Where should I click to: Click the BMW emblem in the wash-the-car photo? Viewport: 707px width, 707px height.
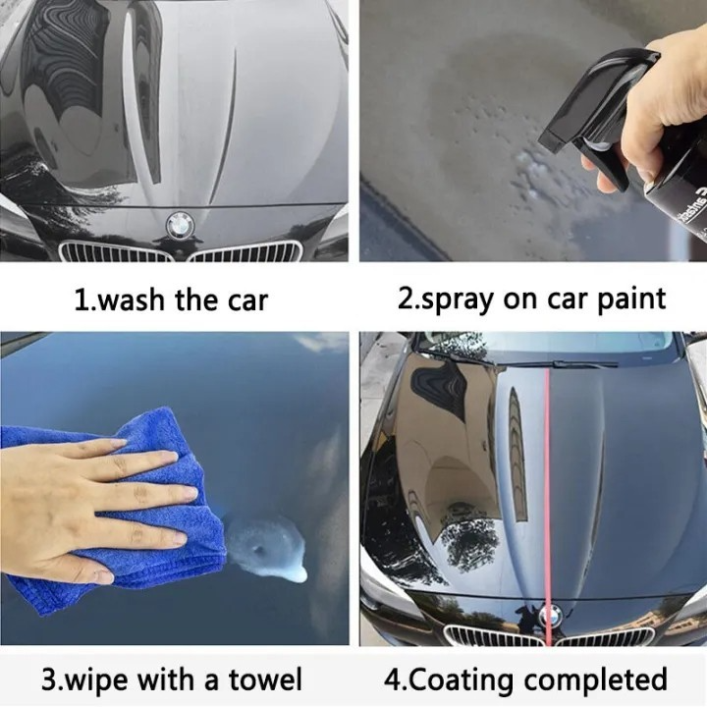(180, 224)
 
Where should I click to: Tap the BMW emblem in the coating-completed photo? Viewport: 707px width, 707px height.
(551, 615)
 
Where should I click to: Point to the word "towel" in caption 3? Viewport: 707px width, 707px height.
(265, 680)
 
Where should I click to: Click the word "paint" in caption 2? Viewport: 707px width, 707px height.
(631, 299)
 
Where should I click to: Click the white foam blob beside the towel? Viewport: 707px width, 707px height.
(266, 549)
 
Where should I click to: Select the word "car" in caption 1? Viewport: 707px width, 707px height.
(247, 300)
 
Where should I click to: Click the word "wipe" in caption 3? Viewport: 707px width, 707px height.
(98, 680)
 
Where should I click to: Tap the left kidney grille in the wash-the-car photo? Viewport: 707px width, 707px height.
(115, 251)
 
